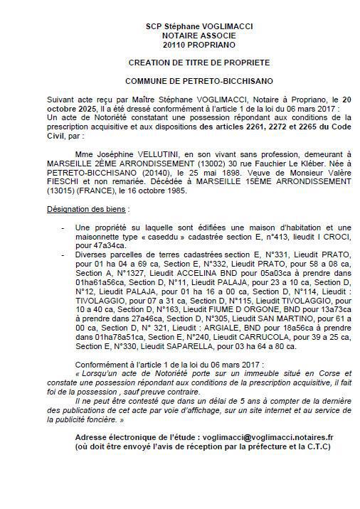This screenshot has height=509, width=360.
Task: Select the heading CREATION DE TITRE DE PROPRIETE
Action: point(179,63)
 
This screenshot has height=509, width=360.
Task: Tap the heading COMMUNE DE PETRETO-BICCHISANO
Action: point(179,82)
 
